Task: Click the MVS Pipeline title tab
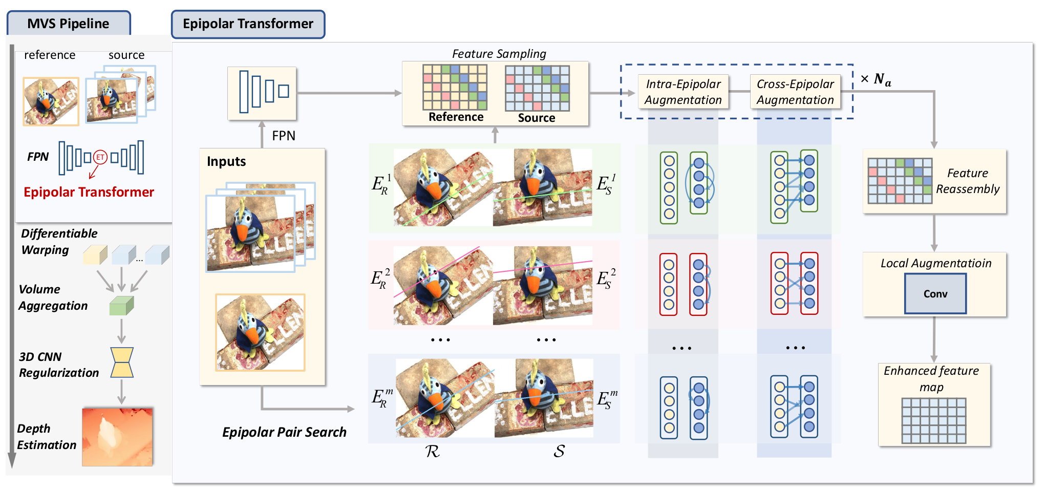pyautogui.click(x=68, y=24)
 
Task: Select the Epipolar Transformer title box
pyautogui.click(x=248, y=24)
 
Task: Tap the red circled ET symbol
pyautogui.click(x=100, y=157)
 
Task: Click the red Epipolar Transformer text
pyautogui.click(x=89, y=192)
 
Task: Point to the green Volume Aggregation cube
pyautogui.click(x=121, y=306)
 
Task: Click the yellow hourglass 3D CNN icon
pyautogui.click(x=122, y=362)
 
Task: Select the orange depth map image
pyautogui.click(x=117, y=437)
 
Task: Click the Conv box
pyautogui.click(x=935, y=293)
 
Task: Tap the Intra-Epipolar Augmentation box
pyautogui.click(x=683, y=92)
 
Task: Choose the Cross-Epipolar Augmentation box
pyautogui.click(x=795, y=92)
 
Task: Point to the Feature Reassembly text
pyautogui.click(x=967, y=181)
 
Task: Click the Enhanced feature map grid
pyautogui.click(x=933, y=420)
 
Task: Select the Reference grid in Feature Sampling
pyautogui.click(x=455, y=87)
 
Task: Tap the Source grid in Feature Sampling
pyautogui.click(x=537, y=88)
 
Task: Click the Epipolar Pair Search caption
pyautogui.click(x=284, y=432)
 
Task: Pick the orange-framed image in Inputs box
pyautogui.click(x=260, y=332)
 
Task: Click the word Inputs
pyautogui.click(x=226, y=162)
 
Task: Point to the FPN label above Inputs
pyautogui.click(x=284, y=136)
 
